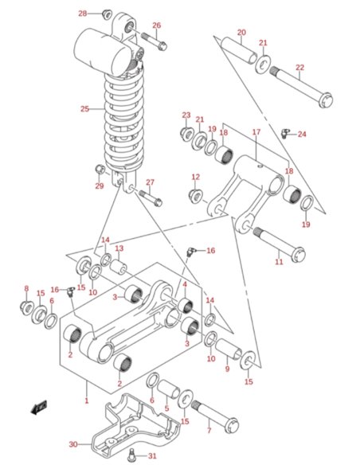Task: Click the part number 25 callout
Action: [84, 108]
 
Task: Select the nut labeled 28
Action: [106, 14]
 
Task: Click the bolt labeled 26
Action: [152, 39]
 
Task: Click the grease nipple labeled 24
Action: [284, 132]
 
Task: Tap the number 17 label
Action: [256, 132]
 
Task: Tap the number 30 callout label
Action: [72, 444]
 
